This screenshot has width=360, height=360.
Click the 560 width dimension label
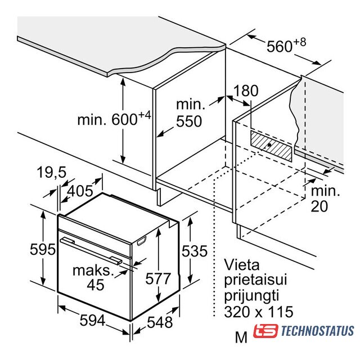pyautogui.click(x=286, y=46)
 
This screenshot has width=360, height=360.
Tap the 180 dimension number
pyautogui.click(x=246, y=91)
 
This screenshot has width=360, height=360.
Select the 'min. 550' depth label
pyautogui.click(x=190, y=112)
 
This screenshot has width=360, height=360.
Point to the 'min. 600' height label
pyautogui.click(x=114, y=118)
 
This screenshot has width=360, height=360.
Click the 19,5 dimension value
pyautogui.click(x=51, y=172)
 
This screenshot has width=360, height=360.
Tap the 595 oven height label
pyautogui.click(x=43, y=249)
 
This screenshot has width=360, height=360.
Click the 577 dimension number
pyautogui.click(x=158, y=278)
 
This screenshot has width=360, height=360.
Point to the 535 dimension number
pyautogui.click(x=195, y=251)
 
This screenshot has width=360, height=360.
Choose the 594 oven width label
pyautogui.click(x=92, y=320)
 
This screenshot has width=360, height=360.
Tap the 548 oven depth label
pyautogui.click(x=160, y=322)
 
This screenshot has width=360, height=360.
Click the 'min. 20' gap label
pyautogui.click(x=325, y=199)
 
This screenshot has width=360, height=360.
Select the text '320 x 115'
pyautogui.click(x=259, y=312)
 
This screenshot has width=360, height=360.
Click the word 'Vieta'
pyautogui.click(x=241, y=264)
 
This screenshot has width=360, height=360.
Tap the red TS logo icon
pyautogui.click(x=265, y=331)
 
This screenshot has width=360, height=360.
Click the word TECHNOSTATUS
pyautogui.click(x=317, y=331)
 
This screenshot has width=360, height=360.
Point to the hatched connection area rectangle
pyautogui.click(x=271, y=146)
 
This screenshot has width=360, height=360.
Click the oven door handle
pyautogui.click(x=91, y=251)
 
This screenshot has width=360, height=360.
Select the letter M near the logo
pyautogui.click(x=241, y=337)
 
